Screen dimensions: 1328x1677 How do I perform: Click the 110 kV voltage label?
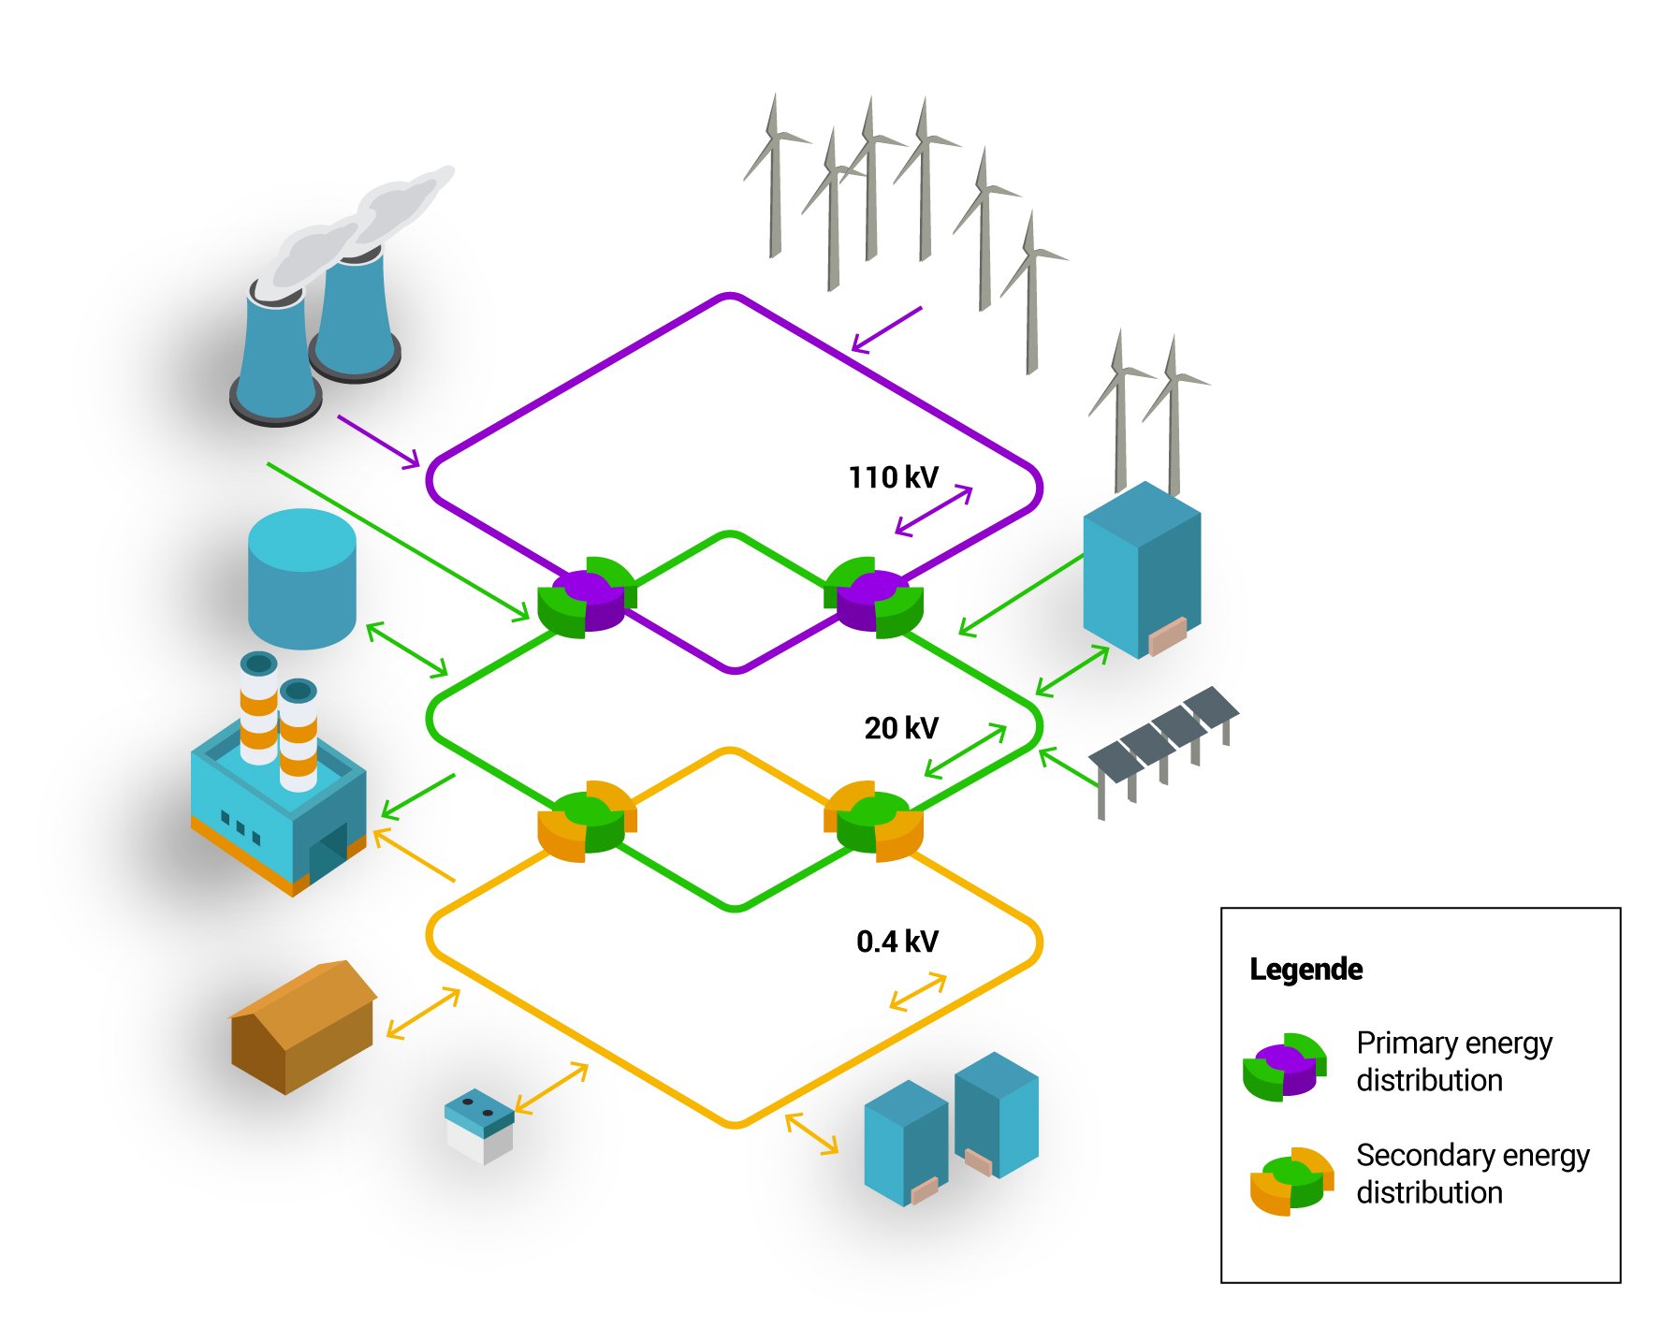[x=893, y=477]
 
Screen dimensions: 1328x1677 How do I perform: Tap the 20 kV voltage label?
[x=900, y=728]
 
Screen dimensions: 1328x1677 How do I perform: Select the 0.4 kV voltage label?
[x=897, y=941]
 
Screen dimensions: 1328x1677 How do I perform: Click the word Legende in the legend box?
[x=1305, y=970]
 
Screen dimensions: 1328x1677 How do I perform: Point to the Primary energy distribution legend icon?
[x=1284, y=1066]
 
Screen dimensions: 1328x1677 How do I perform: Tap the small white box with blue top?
[x=479, y=1125]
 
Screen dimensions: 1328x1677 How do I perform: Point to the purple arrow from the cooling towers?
[x=378, y=441]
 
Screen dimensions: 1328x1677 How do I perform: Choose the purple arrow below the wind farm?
[x=886, y=329]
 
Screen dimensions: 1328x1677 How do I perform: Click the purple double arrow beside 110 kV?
[x=934, y=511]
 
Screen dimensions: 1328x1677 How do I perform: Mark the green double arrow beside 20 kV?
[x=965, y=751]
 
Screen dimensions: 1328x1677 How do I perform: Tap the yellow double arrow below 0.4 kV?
[x=917, y=992]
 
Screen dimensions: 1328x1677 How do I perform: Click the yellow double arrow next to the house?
[x=423, y=1013]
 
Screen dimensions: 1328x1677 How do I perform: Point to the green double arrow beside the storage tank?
[x=406, y=649]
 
